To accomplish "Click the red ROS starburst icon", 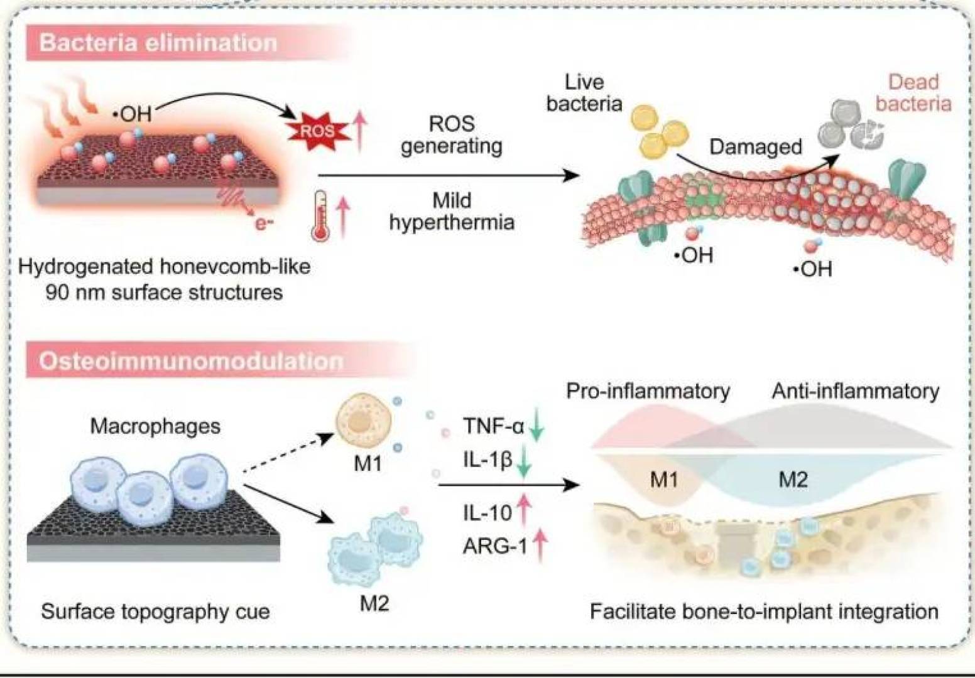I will pos(317,131).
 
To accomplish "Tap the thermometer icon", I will pos(320,217).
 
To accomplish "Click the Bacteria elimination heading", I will pos(158,43).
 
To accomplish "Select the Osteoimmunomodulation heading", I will pos(191,361).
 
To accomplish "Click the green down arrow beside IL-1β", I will pos(524,463).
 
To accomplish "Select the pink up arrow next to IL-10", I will pos(523,509).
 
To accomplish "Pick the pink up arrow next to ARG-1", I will pos(539,544).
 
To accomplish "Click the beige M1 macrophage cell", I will pos(364,421).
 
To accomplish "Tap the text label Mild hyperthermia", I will pos(452,211).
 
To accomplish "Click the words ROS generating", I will pos(452,134).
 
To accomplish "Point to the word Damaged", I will pos(756,147).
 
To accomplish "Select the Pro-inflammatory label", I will pos(648,391).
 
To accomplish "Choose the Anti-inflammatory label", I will pos(855,391).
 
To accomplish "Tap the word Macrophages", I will pos(155,426).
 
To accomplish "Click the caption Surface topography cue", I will pos(155,611).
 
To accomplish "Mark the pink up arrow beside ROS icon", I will pos(359,130).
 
